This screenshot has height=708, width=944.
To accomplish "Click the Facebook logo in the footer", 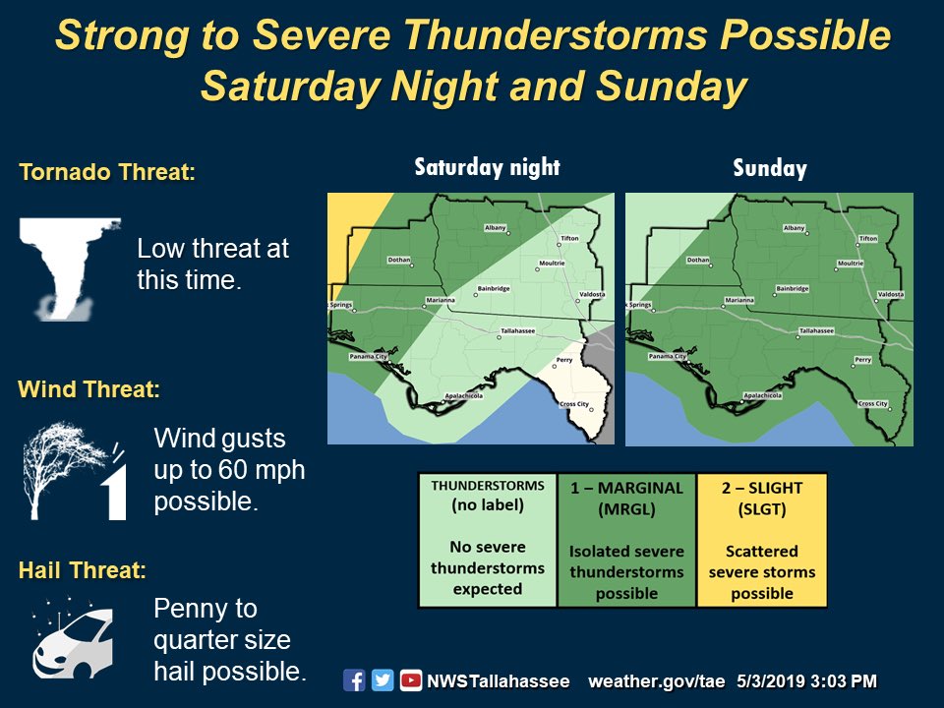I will click(354, 680).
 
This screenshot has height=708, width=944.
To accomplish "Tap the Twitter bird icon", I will click(383, 680).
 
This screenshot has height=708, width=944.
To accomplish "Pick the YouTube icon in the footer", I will click(411, 680).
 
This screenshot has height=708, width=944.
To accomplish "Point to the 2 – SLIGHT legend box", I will click(762, 540).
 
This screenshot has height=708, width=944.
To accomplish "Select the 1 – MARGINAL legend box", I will click(626, 540).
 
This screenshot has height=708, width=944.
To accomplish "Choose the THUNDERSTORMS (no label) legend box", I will click(488, 540).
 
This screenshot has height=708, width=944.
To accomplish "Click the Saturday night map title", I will click(487, 166).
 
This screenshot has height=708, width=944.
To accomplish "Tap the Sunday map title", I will click(769, 168).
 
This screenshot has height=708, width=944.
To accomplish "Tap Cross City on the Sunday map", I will click(872, 403).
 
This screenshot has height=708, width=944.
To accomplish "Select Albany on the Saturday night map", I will click(495, 228).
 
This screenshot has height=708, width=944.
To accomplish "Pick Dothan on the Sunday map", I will click(698, 261).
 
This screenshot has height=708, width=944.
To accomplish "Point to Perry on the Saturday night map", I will click(562, 361).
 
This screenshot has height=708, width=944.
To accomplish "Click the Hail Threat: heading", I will click(83, 569).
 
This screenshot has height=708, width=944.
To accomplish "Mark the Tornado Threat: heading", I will click(107, 173).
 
